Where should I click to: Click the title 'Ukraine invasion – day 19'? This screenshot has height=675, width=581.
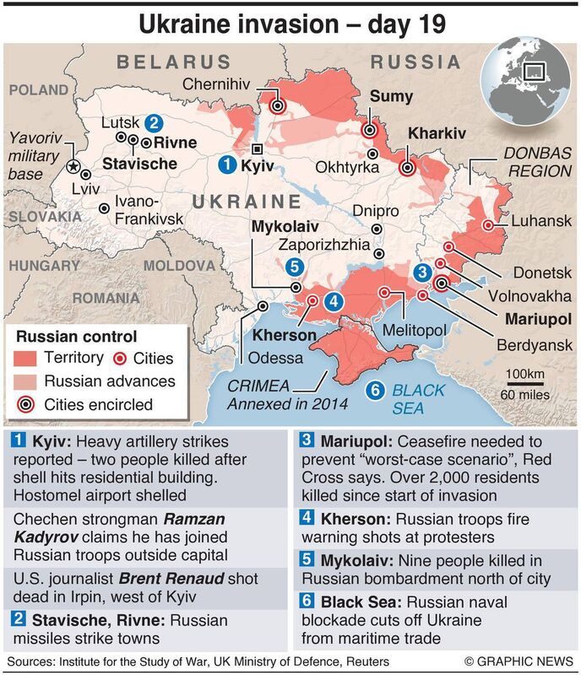(290, 23)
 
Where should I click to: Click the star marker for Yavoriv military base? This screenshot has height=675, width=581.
(74, 165)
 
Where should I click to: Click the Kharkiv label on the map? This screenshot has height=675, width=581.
(437, 134)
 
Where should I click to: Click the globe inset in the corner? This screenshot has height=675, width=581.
(526, 88)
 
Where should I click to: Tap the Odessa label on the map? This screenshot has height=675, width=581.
(275, 358)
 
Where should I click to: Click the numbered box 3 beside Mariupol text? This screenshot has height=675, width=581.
(307, 440)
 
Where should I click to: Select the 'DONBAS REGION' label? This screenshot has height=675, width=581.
(538, 162)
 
